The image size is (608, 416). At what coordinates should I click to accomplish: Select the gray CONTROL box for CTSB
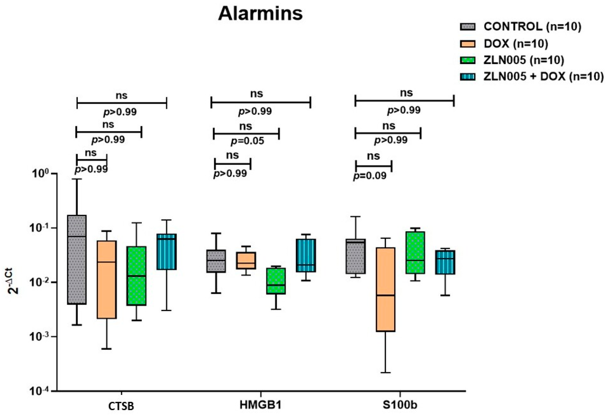click(x=77, y=259)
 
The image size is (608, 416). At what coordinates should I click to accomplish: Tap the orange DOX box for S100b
click(x=385, y=289)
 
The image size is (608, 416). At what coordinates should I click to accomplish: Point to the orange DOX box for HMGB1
click(x=246, y=260)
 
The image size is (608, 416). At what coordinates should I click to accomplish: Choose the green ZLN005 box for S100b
click(x=415, y=252)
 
